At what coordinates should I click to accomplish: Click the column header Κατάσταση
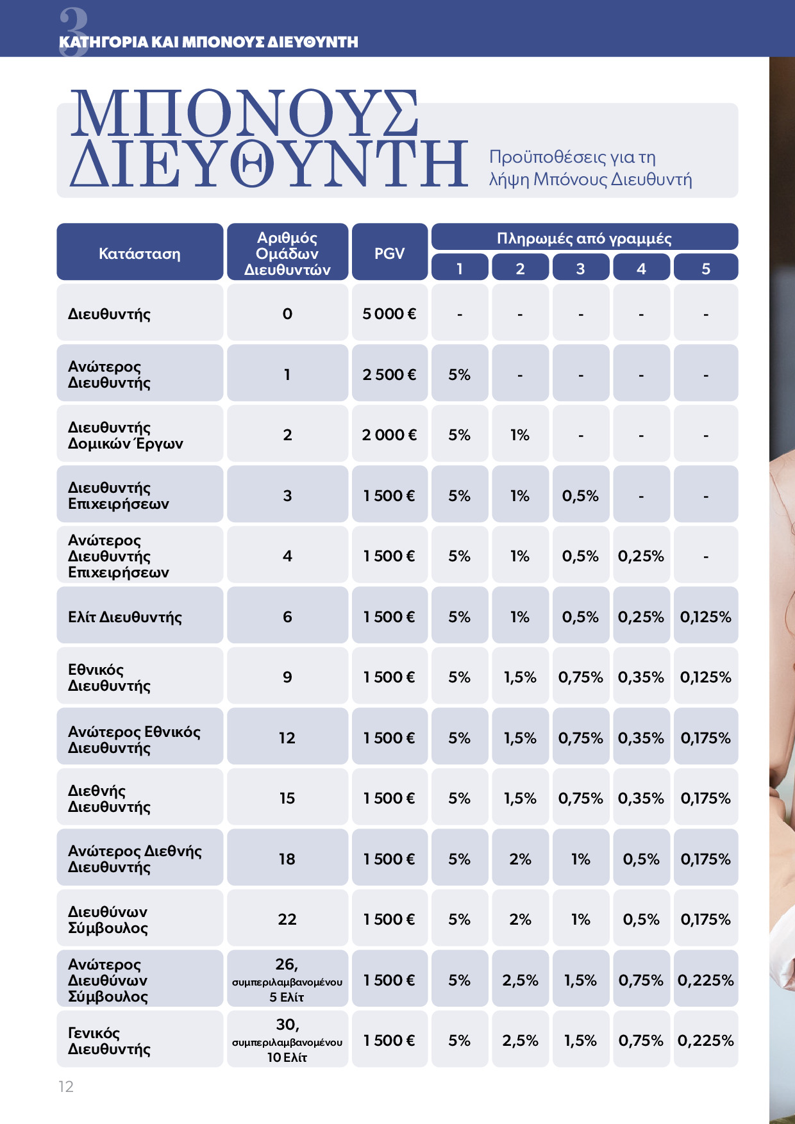(140, 253)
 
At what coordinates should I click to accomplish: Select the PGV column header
(389, 253)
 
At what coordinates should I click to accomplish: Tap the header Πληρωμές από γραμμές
(584, 238)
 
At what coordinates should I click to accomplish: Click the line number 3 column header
(580, 269)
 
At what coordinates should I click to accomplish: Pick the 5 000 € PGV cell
(389, 313)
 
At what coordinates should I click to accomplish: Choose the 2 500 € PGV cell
(389, 374)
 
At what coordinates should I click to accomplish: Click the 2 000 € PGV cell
(389, 434)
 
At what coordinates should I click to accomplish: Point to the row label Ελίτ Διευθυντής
(125, 617)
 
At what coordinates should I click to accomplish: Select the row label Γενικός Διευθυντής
(109, 1041)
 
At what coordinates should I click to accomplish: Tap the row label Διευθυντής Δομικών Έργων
(126, 435)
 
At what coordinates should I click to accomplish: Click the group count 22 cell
(287, 919)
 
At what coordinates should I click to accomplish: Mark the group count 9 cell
(287, 677)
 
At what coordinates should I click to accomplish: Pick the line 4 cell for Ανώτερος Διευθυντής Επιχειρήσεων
(641, 556)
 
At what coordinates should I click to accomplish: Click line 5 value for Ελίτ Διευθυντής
(705, 617)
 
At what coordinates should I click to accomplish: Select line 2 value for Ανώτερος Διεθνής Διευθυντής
(520, 859)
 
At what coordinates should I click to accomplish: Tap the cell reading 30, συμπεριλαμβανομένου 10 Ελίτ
(287, 1041)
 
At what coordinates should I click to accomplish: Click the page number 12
(66, 1086)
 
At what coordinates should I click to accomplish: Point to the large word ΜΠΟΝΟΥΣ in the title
(244, 113)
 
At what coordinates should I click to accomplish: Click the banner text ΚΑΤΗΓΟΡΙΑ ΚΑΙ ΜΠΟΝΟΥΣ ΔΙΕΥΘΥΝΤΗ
(208, 42)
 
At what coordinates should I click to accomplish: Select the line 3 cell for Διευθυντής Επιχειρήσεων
(580, 495)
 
